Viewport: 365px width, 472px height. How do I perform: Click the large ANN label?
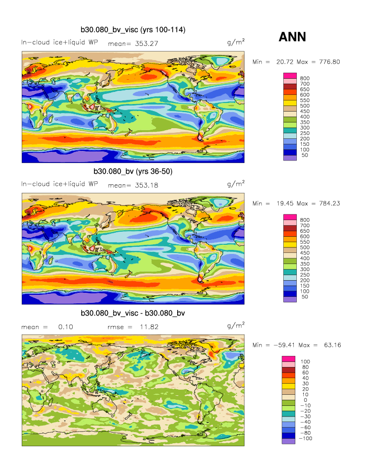click(x=292, y=37)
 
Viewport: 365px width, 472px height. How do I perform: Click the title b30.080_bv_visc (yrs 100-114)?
click(x=133, y=30)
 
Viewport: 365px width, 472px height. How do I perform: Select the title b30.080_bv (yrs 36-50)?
click(x=133, y=172)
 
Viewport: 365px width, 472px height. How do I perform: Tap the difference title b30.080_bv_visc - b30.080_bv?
click(x=133, y=313)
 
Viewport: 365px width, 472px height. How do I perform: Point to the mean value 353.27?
click(x=144, y=43)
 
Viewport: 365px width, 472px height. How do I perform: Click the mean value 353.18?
click(x=144, y=185)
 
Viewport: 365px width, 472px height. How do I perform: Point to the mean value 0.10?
click(x=66, y=327)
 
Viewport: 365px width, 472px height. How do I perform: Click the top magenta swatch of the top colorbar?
click(x=289, y=76)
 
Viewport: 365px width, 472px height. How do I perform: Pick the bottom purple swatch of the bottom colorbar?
click(x=289, y=441)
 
